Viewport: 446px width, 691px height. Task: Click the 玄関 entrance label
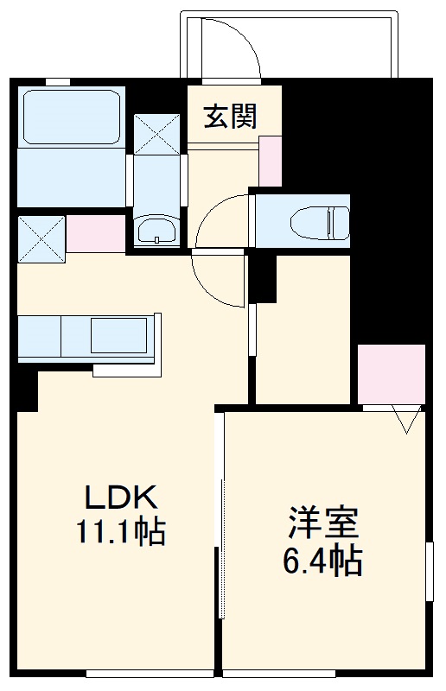(230, 117)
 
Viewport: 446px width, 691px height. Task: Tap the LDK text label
(120, 498)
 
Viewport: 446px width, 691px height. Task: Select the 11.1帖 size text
(120, 532)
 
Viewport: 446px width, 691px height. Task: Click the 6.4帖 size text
(322, 562)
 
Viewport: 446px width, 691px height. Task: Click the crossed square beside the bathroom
(156, 134)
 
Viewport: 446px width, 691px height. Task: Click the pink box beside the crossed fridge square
(96, 233)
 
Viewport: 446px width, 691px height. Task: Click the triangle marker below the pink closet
(407, 419)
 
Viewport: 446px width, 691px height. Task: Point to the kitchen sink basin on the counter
(122, 335)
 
